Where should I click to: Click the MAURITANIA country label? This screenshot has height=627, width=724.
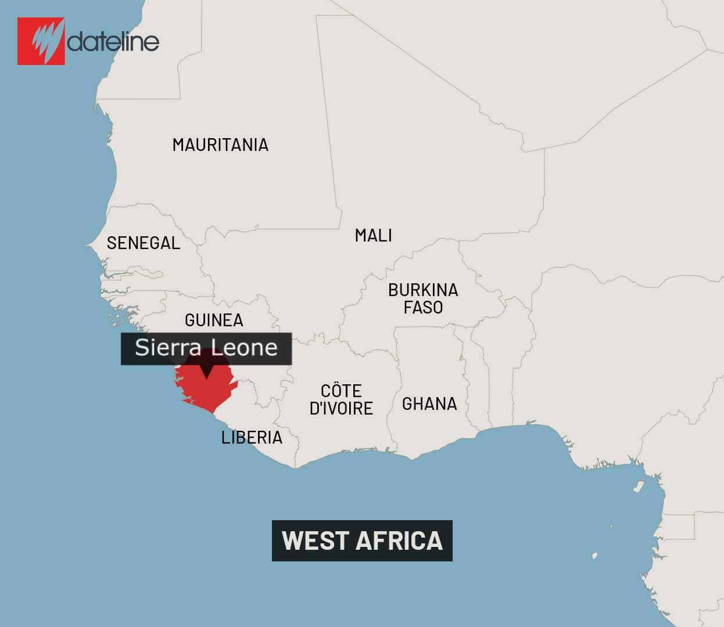point(220,145)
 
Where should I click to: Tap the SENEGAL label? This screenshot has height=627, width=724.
point(144,243)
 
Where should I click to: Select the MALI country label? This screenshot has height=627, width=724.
point(373,236)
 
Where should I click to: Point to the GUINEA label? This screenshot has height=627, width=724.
point(214,320)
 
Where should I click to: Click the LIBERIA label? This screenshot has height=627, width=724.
point(252,437)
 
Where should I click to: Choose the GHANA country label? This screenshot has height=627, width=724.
point(429,403)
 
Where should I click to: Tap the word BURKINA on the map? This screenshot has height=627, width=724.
point(423,290)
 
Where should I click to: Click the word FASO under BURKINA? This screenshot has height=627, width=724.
point(423,307)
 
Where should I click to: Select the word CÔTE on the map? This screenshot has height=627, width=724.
point(341,391)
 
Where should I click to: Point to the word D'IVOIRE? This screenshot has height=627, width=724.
point(341,408)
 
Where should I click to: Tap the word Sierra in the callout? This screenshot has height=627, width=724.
point(169,348)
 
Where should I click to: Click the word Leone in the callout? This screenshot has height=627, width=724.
point(244,348)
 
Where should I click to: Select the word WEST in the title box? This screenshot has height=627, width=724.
point(314,540)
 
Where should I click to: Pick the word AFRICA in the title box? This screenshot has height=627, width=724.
point(399,540)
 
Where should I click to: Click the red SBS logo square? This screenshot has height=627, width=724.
point(41,41)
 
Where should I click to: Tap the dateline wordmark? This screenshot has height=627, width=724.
point(113,42)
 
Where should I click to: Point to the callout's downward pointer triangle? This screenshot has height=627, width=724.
point(206,371)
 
